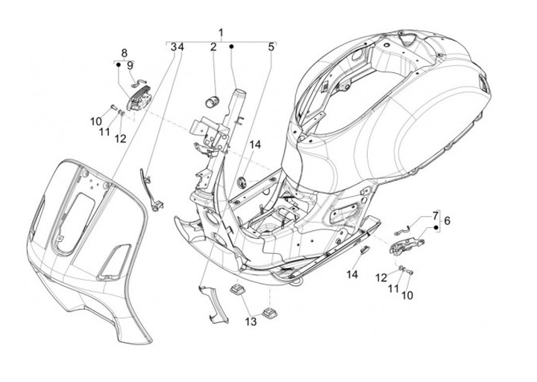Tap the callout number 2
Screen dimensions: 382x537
tap(213, 47)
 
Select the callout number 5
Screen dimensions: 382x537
tap(271, 47)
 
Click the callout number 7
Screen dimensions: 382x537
tap(436, 215)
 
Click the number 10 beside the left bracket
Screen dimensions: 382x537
tap(97, 121)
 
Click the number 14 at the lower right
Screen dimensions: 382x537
tap(352, 275)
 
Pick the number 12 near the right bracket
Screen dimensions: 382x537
tap(381, 277)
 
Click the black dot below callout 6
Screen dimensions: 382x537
tap(436, 227)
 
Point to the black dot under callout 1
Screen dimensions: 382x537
tap(232, 47)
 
